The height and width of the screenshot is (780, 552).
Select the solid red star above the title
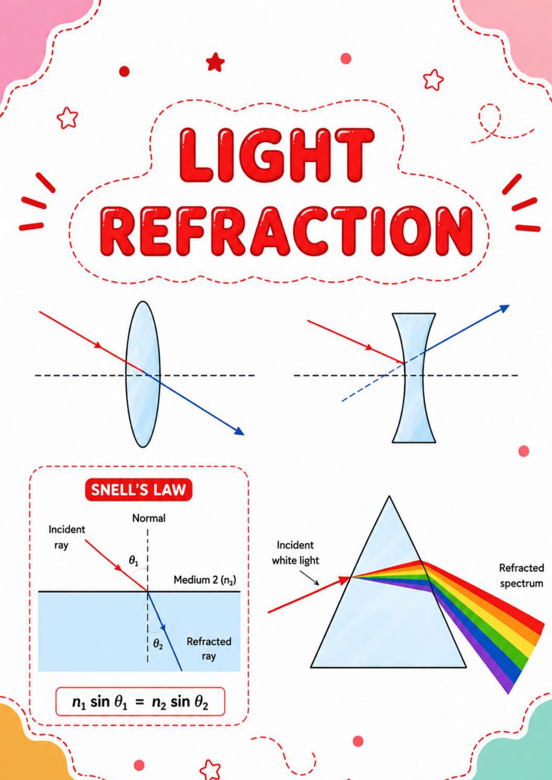click(x=215, y=62)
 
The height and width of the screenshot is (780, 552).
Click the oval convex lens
click(x=143, y=374)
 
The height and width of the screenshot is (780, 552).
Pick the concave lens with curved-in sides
click(x=414, y=378)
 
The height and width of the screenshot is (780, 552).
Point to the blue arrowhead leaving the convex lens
click(x=239, y=431)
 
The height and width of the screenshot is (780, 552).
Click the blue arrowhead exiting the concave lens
click(x=504, y=308)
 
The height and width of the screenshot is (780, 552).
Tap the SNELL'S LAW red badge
click(x=138, y=490)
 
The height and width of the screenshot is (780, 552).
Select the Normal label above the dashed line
click(x=149, y=518)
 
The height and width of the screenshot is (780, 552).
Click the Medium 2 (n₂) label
click(x=205, y=580)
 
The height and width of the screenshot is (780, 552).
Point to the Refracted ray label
click(x=209, y=649)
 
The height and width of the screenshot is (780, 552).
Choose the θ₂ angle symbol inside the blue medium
click(x=158, y=644)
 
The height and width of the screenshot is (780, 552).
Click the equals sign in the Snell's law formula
click(x=140, y=702)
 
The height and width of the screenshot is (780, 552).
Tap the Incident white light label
click(x=295, y=552)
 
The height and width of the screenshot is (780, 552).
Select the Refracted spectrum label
click(x=521, y=576)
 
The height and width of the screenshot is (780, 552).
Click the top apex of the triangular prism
click(x=389, y=496)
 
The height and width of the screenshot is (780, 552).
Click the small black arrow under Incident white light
click(x=309, y=578)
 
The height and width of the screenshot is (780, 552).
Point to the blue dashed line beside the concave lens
click(x=373, y=383)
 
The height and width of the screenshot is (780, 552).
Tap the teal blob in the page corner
click(x=520, y=747)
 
